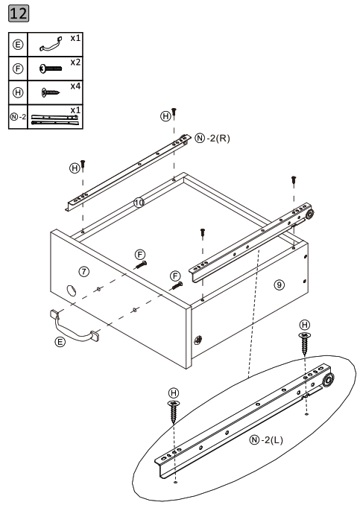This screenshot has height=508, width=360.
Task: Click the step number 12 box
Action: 19,15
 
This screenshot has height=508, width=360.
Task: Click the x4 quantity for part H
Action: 75,85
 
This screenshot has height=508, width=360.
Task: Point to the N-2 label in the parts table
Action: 18,117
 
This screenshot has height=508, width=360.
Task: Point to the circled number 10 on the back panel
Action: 139,202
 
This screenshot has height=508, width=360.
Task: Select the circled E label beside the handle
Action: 61,342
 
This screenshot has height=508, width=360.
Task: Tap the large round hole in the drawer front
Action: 72,290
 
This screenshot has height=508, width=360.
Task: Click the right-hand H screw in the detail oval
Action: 304,343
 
